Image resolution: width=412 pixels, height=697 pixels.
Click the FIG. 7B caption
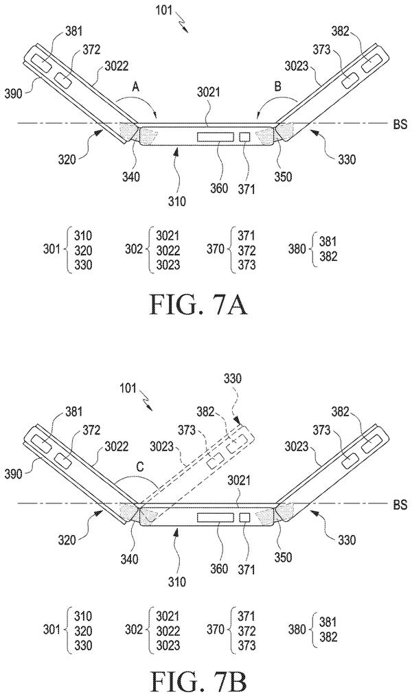198,683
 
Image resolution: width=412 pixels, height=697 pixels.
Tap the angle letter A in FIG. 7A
136,88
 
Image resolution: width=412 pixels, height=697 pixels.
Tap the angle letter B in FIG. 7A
277,87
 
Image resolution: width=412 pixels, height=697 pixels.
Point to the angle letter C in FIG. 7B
139,468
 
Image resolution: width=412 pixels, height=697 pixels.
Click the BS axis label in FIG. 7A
400,124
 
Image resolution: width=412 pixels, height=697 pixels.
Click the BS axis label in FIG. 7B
400,505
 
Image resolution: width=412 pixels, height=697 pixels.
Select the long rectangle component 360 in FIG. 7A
216,137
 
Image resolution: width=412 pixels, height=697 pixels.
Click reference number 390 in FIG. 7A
14,93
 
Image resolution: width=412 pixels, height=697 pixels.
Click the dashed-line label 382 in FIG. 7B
206,411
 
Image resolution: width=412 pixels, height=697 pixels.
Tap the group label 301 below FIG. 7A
51,249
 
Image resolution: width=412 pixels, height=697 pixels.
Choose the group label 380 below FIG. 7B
297,629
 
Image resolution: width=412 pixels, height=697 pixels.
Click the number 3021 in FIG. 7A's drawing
209,94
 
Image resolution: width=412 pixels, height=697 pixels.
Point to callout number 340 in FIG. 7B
130,558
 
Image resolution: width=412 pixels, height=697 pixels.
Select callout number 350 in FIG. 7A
283,176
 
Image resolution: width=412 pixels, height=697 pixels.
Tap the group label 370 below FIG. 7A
216,249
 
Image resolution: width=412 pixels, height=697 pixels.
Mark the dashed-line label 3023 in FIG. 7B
161,446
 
